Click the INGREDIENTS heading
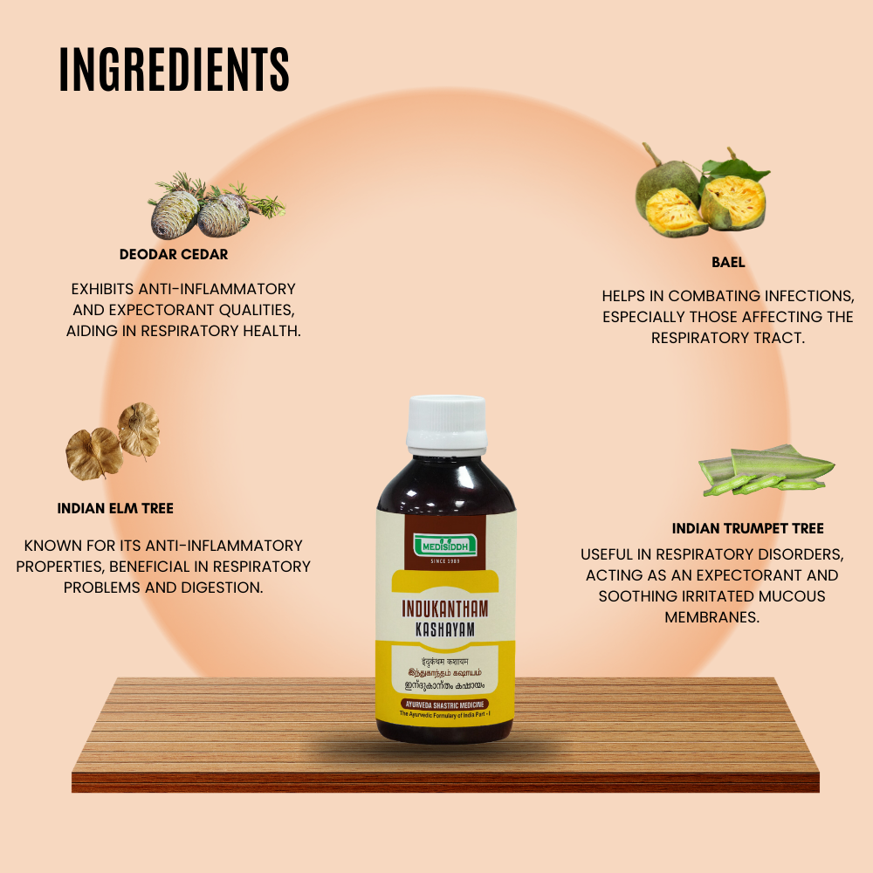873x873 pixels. pyautogui.click(x=175, y=70)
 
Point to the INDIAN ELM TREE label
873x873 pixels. pyautogui.click(x=115, y=508)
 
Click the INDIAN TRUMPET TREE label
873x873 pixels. pyautogui.click(x=748, y=528)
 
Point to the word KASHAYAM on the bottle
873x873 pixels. pyautogui.click(x=446, y=629)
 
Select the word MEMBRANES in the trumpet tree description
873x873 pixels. pyautogui.click(x=711, y=617)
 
